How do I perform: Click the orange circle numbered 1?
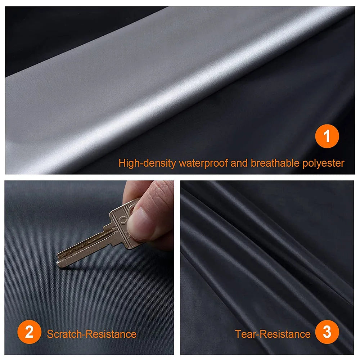click(x=327, y=136)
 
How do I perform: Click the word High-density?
click(x=147, y=163)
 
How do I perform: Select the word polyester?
click(x=324, y=163)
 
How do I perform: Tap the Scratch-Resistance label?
click(x=91, y=334)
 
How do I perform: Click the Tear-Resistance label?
click(x=273, y=334)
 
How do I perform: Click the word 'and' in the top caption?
click(x=239, y=163)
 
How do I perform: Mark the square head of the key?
click(x=124, y=225)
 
